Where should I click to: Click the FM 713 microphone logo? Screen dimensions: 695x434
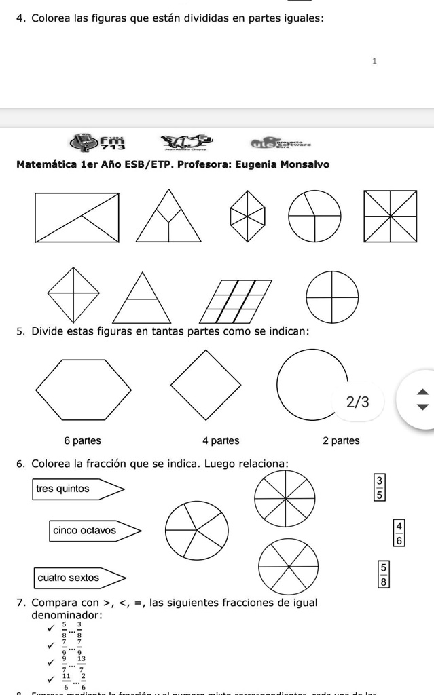[x=98, y=143]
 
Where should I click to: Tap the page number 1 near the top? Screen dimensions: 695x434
[x=374, y=61]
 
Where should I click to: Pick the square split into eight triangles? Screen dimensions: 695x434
[x=390, y=217]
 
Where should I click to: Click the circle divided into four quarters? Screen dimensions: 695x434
[x=332, y=297]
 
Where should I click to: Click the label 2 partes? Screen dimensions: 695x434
[x=341, y=440]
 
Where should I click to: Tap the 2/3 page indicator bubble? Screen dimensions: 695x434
[x=358, y=402]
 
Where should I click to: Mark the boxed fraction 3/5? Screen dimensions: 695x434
[x=380, y=489]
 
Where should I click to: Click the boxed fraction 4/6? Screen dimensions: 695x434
[x=399, y=533]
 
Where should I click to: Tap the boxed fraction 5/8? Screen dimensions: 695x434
[x=384, y=574]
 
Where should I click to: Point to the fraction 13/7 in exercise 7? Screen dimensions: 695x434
[x=82, y=663]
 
